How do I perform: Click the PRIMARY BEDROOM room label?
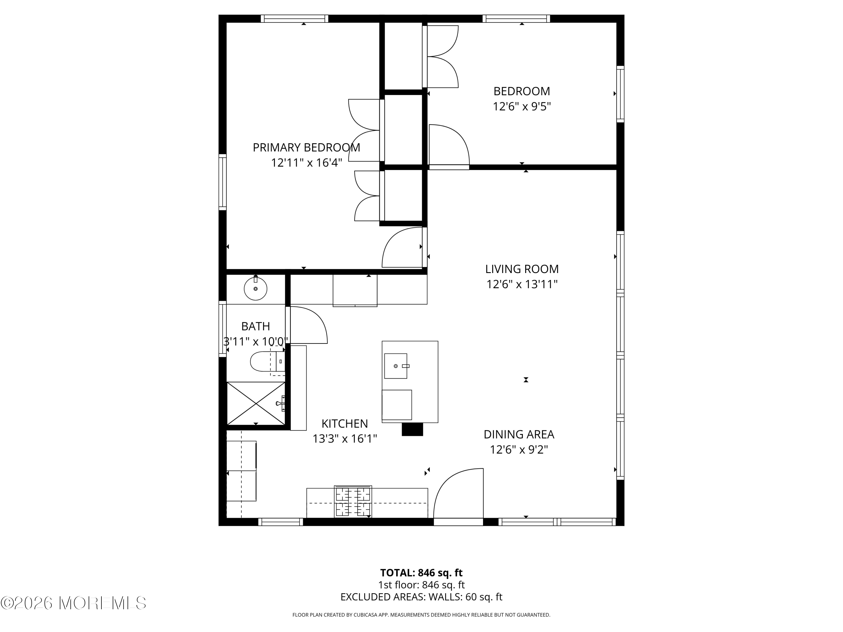(x=306, y=147)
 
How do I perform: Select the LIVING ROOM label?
(x=522, y=269)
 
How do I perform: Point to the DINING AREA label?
(x=519, y=434)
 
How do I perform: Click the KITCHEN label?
(x=345, y=424)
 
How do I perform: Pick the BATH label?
(x=255, y=326)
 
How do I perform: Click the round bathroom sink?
(x=255, y=288)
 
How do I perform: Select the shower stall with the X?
(x=256, y=403)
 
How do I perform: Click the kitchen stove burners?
(x=353, y=501)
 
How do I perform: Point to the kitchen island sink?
(x=396, y=366)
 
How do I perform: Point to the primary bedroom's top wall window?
(x=294, y=19)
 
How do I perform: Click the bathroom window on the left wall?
(x=223, y=329)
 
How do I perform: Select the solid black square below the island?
(x=412, y=429)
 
